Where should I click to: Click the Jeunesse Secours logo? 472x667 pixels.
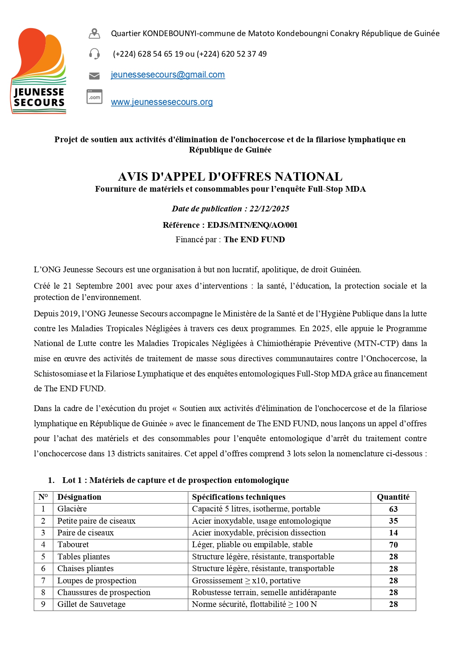(x=38, y=71)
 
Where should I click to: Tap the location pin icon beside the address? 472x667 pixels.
(x=94, y=34)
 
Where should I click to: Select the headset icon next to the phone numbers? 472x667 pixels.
(x=94, y=54)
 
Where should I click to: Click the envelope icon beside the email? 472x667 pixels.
(x=94, y=76)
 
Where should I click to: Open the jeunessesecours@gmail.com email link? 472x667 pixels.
(x=168, y=75)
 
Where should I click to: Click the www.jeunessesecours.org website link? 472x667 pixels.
(x=162, y=102)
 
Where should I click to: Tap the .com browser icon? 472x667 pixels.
(x=94, y=97)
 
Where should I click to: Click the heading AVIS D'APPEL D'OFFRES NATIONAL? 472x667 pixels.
(x=230, y=177)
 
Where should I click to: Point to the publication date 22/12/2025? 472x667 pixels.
(x=269, y=209)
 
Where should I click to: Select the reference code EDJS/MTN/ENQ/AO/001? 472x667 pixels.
(x=252, y=225)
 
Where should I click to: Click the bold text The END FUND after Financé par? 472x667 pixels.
(x=254, y=240)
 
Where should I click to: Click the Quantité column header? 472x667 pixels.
(x=393, y=497)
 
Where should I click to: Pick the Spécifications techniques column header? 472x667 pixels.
(x=238, y=497)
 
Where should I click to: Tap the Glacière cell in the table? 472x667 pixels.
(x=72, y=509)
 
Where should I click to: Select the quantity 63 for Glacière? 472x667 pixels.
(x=393, y=509)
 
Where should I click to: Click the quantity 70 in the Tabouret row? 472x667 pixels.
(x=393, y=545)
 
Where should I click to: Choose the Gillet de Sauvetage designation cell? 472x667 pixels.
(x=91, y=604)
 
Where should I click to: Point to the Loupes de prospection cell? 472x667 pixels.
(x=97, y=581)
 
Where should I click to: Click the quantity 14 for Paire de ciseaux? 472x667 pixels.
(x=393, y=533)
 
